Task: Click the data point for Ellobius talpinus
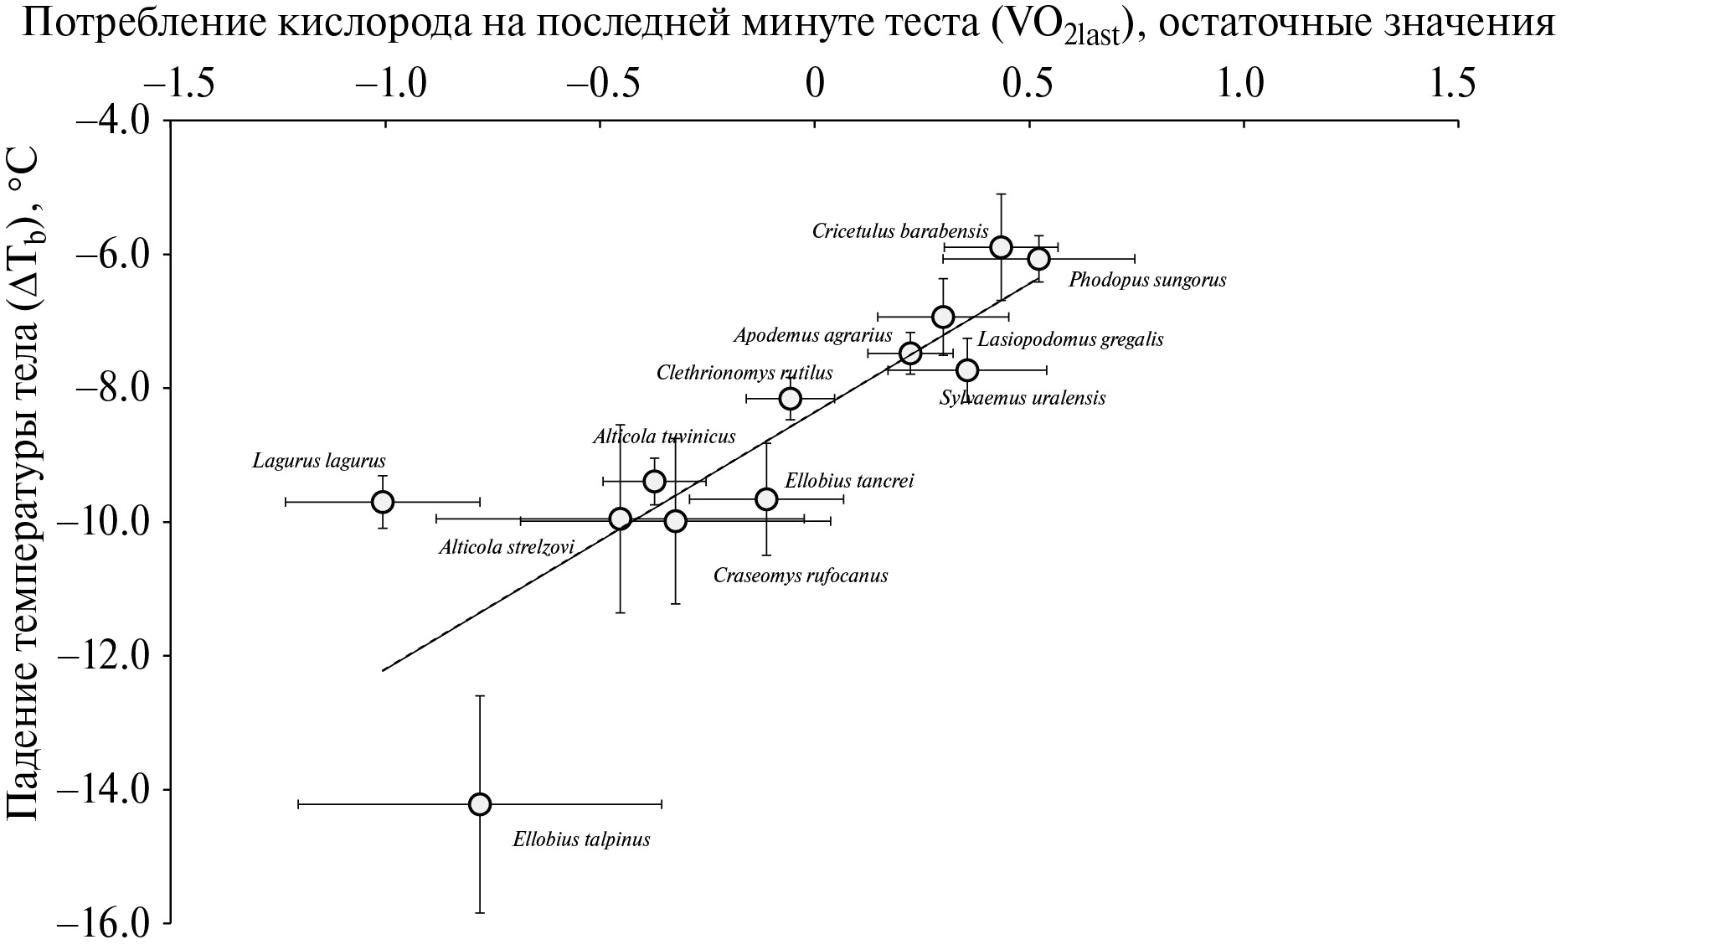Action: pos(480,804)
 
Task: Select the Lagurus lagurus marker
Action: pos(383,502)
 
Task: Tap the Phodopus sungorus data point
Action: pos(1038,259)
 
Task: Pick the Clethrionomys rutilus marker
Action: pos(790,399)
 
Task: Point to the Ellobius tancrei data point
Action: pos(766,499)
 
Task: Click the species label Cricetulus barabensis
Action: pos(900,231)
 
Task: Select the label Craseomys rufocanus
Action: pos(800,576)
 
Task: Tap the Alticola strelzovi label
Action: pos(507,548)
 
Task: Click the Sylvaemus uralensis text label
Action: pos(1022,398)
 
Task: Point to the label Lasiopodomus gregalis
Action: pos(1070,339)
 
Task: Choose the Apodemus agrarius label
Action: pos(813,336)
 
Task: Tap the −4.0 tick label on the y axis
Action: pos(112,120)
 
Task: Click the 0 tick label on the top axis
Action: pos(815,84)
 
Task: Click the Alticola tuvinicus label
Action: pos(664,436)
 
